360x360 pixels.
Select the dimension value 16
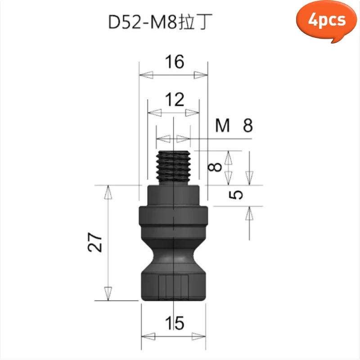(174, 62)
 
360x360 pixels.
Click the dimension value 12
(174, 99)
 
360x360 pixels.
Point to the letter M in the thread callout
(222, 126)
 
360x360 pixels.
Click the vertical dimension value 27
(95, 243)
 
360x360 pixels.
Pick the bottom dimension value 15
(174, 322)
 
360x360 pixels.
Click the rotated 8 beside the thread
(216, 167)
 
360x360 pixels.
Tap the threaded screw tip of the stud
(174, 166)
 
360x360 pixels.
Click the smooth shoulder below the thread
(174, 194)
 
